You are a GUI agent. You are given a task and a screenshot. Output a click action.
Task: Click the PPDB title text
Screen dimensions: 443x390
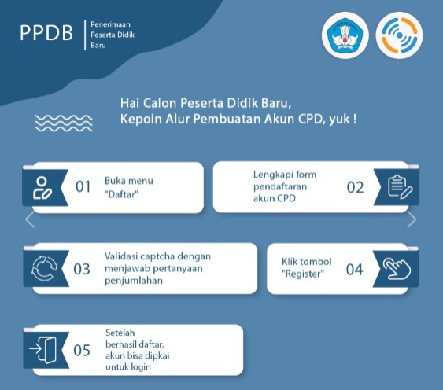coord(46,32)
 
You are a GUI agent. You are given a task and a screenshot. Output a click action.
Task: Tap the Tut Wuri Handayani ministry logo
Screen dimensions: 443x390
coord(345,35)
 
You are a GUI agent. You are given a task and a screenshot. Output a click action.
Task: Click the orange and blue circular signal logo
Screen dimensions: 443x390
coord(399,35)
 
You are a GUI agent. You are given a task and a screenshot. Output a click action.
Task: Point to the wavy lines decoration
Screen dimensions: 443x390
coord(64,123)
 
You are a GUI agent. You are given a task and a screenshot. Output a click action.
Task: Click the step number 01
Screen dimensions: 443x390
coord(83,186)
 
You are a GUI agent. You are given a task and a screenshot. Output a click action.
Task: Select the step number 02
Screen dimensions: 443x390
coord(355,187)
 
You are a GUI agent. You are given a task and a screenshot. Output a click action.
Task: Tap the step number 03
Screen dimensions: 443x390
coord(82,269)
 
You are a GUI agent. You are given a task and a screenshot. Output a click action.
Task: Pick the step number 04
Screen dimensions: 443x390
coord(354,269)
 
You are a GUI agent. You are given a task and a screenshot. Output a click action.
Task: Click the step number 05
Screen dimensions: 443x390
coord(82,350)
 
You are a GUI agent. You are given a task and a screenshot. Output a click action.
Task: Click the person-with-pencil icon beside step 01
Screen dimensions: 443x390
coord(42,188)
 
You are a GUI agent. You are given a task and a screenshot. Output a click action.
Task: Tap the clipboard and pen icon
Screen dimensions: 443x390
coord(400,186)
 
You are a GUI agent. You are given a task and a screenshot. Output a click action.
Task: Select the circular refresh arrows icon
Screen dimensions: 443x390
coord(44,268)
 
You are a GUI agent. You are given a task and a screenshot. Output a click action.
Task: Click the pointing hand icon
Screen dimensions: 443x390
coord(397,269)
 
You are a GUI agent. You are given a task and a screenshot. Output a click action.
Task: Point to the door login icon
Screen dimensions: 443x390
coord(43,350)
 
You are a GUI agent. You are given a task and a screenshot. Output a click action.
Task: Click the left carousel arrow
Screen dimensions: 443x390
coord(30,219)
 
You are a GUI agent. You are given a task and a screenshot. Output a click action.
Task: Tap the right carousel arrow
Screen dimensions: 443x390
coord(412,219)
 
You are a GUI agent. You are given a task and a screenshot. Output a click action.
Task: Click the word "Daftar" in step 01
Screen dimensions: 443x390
coord(121,194)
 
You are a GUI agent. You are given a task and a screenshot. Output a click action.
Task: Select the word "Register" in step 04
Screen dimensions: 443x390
coord(303,274)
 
